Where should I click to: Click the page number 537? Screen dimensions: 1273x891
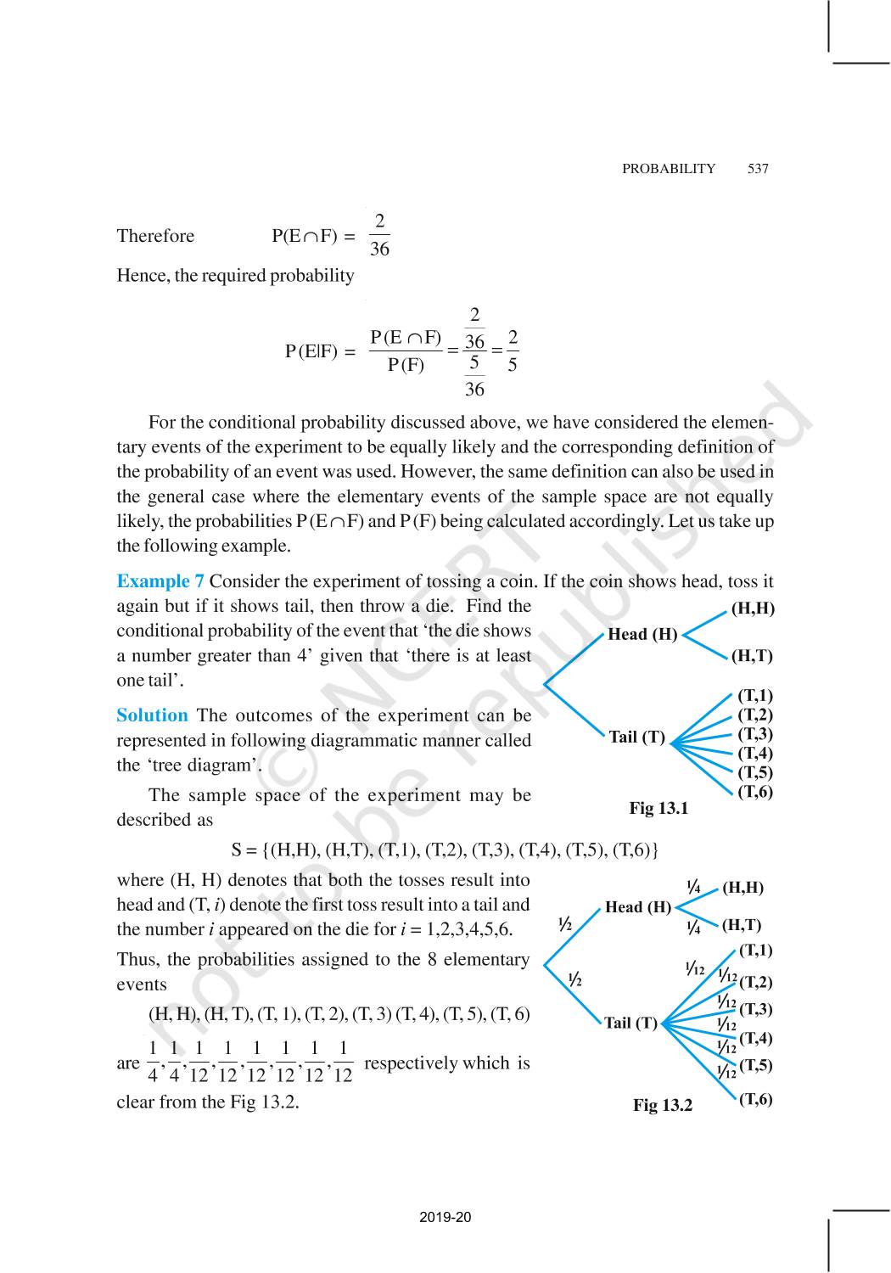(x=758, y=168)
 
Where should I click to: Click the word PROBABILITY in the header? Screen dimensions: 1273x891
(x=669, y=168)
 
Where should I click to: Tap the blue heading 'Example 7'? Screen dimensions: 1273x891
(x=160, y=581)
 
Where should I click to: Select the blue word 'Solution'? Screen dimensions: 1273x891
(x=152, y=715)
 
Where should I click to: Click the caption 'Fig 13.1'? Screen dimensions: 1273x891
(x=658, y=808)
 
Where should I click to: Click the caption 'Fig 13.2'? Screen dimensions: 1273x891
(x=662, y=1105)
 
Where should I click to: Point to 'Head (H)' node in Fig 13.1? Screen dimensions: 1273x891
(x=642, y=634)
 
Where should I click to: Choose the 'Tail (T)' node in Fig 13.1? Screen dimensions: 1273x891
(x=636, y=737)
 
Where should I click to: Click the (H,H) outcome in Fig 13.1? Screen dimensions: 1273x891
(x=753, y=608)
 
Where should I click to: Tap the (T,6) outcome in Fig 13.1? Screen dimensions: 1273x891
(x=754, y=792)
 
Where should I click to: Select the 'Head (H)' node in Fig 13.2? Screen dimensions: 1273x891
(x=637, y=907)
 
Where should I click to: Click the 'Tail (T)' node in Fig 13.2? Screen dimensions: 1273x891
(x=630, y=1023)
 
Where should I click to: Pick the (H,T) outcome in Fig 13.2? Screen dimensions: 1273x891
(x=742, y=925)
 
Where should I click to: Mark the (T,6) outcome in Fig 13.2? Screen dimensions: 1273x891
(x=755, y=1099)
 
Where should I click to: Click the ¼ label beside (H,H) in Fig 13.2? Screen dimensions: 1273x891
(x=693, y=888)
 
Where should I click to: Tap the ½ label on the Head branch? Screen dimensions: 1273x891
(x=564, y=924)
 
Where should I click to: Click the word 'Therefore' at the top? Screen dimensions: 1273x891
(x=155, y=236)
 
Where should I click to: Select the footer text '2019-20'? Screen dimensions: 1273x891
(x=445, y=1217)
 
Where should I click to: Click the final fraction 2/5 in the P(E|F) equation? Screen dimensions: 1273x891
(x=513, y=351)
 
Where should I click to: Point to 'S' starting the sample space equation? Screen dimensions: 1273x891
(x=237, y=850)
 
